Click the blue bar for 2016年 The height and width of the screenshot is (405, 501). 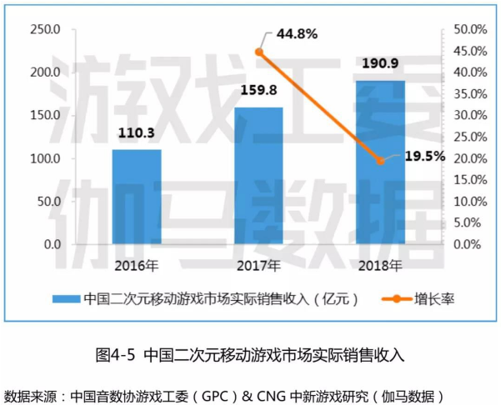pos(137,197)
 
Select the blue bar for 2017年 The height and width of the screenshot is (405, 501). pos(258,176)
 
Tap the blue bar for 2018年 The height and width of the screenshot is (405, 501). pos(380,162)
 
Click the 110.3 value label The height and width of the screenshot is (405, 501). pos(137,133)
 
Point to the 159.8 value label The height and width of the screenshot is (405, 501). pos(258,92)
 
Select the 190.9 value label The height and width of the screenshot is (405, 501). pos(380,63)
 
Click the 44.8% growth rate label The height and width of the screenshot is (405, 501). pos(296,34)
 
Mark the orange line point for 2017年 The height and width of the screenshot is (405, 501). pos(258,52)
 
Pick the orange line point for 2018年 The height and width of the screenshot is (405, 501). pos(380,160)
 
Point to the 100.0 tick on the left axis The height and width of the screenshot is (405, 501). pos(45,158)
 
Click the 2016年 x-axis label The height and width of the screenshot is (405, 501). pos(137,266)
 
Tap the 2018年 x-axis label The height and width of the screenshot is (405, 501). pos(380,266)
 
